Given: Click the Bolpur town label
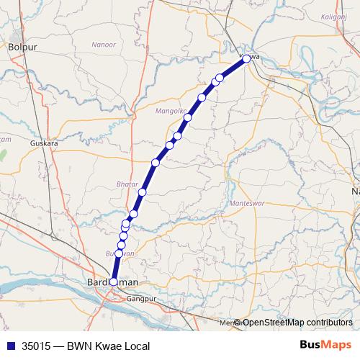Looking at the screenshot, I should point(22,47).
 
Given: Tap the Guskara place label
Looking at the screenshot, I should point(43,143).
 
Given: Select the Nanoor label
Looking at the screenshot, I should point(104,45).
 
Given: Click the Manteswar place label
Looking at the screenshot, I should point(246,204).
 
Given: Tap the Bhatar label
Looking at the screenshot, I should point(127,184).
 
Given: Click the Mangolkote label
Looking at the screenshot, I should point(171,111).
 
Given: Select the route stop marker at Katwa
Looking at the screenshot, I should point(246,59).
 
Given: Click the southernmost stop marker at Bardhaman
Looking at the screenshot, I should point(114,282).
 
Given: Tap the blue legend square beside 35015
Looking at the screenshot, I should point(9,346).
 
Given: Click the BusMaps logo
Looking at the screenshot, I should point(324,346).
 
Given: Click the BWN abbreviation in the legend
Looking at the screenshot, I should point(79,346).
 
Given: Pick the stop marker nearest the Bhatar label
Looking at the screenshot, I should point(143,192).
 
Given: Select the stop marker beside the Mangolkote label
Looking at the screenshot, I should point(188,117).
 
